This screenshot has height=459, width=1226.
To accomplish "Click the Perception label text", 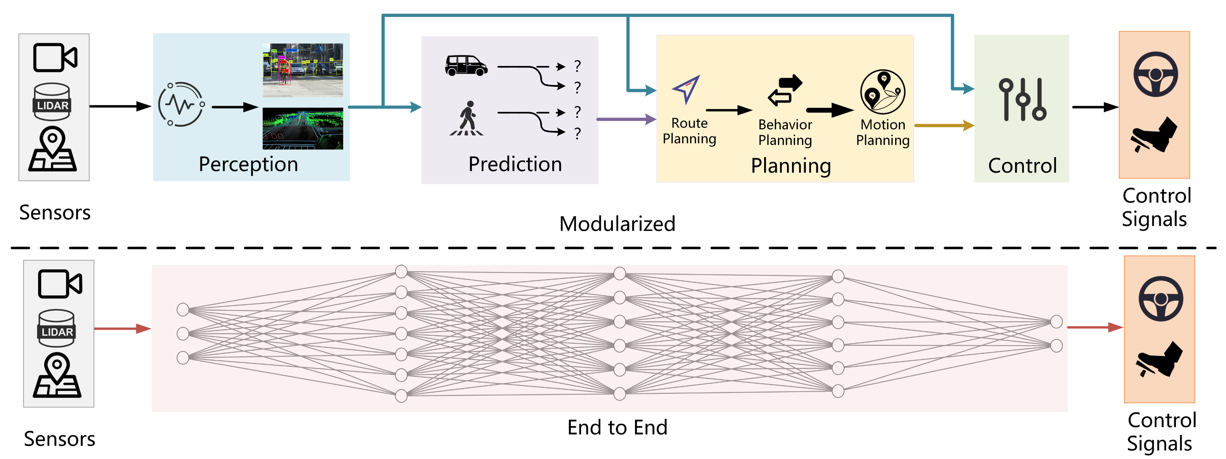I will pyautogui.click(x=248, y=164).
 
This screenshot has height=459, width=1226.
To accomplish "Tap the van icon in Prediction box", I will pyautogui.click(x=466, y=66).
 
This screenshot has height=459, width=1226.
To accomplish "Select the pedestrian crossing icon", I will pyautogui.click(x=467, y=119).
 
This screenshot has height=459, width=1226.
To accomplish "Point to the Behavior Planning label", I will pyautogui.click(x=785, y=132).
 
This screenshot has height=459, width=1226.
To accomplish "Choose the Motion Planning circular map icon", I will pyautogui.click(x=882, y=92).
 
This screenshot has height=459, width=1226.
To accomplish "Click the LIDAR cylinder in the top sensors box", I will pyautogui.click(x=52, y=101).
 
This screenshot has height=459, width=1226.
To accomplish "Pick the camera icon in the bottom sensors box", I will pyautogui.click(x=60, y=284).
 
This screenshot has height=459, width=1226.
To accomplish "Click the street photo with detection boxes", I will pyautogui.click(x=303, y=70).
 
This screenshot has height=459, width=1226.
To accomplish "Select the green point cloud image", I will pyautogui.click(x=303, y=128).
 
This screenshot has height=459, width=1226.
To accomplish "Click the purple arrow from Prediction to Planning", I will pyautogui.click(x=626, y=119).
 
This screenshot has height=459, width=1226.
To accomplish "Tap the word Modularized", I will pyautogui.click(x=617, y=224).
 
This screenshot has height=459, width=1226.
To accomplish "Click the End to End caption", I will pyautogui.click(x=617, y=427).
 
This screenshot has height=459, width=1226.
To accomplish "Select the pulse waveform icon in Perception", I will pyautogui.click(x=181, y=104).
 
